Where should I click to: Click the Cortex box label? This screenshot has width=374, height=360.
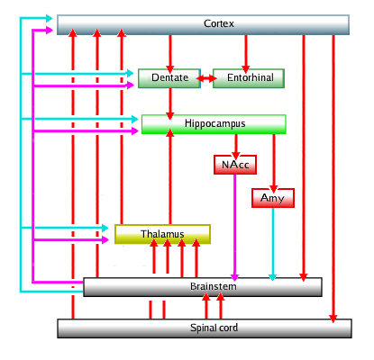219,23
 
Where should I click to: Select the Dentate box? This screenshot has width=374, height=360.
169,78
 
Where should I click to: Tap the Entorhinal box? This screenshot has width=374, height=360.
249,78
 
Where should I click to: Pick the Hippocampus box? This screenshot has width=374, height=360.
214,124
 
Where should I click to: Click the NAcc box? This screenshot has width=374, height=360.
235,165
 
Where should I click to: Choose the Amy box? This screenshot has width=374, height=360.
273,198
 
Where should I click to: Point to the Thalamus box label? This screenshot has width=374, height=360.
162,234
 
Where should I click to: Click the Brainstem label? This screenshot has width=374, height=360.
214,286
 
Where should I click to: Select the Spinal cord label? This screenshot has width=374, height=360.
214,328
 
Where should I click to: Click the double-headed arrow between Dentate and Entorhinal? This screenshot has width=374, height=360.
206,78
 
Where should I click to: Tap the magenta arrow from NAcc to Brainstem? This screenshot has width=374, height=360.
235,228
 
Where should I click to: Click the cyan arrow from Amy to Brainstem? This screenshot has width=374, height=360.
273,244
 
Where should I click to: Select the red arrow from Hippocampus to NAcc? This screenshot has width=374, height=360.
236,147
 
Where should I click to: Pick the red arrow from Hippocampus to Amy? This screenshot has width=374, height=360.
273,163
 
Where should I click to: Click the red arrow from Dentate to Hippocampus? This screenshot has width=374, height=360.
170,103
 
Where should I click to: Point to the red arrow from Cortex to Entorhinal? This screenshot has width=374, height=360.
246,54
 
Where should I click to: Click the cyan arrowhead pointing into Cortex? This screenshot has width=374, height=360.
50,18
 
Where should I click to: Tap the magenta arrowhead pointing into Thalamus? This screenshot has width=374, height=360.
105,239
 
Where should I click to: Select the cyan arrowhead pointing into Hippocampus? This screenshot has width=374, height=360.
135,119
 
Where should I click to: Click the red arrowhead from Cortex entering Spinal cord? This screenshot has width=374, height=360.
333,319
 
